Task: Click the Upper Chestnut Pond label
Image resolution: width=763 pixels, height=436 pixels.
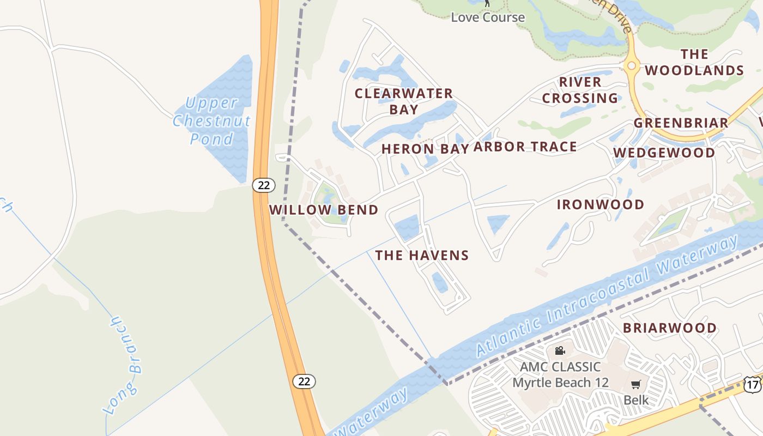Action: tap(211, 120)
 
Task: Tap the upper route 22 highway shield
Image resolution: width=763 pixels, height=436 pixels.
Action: tap(264, 185)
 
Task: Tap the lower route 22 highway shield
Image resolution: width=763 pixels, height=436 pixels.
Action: tap(304, 381)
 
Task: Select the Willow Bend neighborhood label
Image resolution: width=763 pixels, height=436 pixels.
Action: tap(324, 210)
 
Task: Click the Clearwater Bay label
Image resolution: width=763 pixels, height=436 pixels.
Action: tap(404, 101)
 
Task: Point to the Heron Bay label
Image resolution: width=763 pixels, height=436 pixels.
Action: tap(425, 149)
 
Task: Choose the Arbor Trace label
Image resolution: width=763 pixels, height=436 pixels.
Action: tap(525, 147)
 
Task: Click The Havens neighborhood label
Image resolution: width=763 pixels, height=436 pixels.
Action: tap(422, 255)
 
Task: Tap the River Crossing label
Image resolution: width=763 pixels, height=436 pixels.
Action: tap(580, 90)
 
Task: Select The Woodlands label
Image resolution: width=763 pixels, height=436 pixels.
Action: tap(694, 62)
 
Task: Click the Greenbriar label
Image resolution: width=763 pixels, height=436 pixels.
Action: tap(681, 123)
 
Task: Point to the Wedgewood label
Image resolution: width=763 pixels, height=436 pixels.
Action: tap(664, 153)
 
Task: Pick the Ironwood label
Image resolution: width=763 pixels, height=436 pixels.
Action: tap(601, 205)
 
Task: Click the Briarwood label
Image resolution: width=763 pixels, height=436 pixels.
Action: tap(670, 328)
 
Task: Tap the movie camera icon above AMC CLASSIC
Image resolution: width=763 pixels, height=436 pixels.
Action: tap(560, 351)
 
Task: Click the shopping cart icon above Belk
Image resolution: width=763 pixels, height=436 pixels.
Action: tap(636, 384)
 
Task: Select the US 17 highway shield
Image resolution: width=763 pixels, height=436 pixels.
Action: tap(753, 385)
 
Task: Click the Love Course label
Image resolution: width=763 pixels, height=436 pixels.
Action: tap(488, 17)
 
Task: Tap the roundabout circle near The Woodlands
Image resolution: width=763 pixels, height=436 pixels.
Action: tap(632, 66)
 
